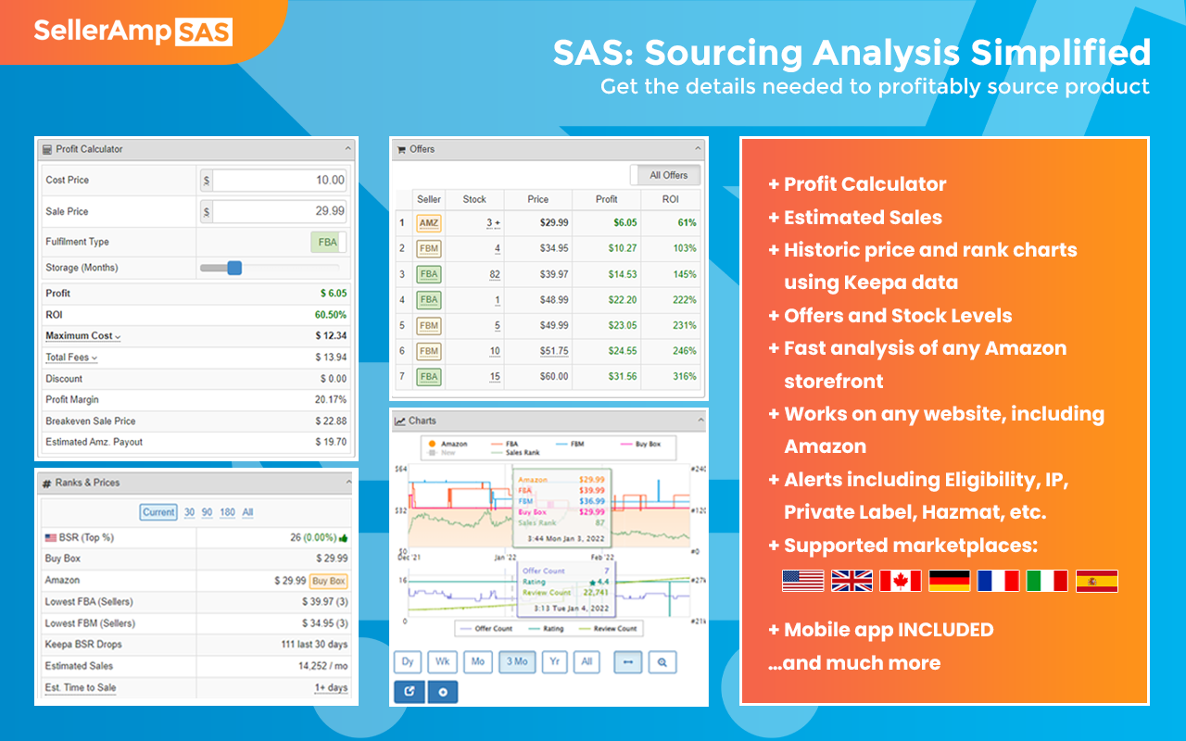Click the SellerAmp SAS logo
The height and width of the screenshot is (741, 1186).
coord(133,31)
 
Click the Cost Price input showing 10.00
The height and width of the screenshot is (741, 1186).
coord(278,180)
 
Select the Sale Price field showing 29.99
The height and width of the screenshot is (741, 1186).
coord(278,211)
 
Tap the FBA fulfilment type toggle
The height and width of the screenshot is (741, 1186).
coord(328,243)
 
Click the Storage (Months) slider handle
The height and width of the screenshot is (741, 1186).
coord(234,268)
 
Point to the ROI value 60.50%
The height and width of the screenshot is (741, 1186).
coord(331,315)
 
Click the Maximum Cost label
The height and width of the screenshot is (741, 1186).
coord(82,335)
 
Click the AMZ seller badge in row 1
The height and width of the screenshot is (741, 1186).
coord(429,223)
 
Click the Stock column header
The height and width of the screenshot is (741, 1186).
coord(474,199)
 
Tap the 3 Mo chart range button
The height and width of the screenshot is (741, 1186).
coord(516,662)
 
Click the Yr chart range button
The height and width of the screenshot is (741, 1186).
coord(553,662)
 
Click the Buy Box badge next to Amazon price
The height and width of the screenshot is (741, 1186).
coord(328,581)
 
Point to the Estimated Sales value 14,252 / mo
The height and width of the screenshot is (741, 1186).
coord(322,666)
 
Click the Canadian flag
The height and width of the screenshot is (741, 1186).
coord(900,581)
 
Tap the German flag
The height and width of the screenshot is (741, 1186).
coord(949,581)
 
